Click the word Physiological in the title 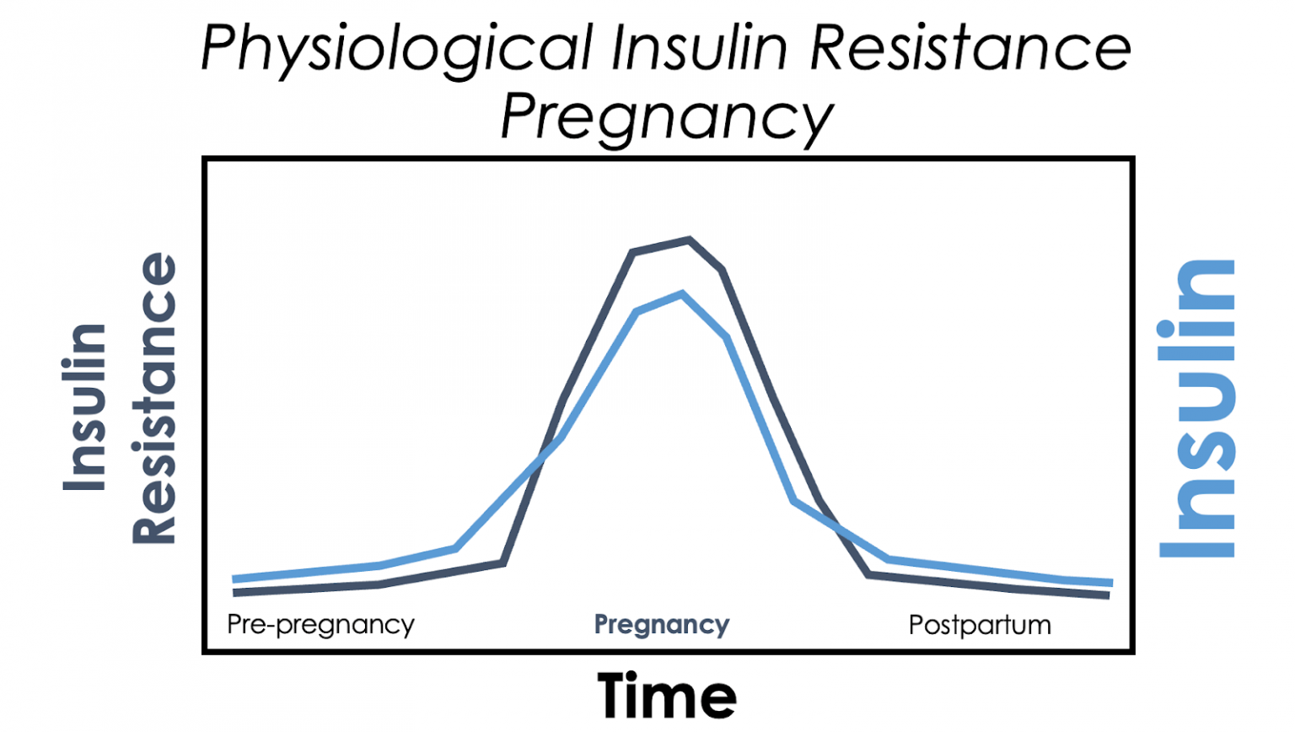click(x=396, y=49)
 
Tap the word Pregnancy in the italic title click(x=666, y=118)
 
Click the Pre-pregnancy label click(x=320, y=625)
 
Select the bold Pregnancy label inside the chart click(x=662, y=625)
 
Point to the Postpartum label click(x=980, y=625)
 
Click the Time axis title click(x=666, y=696)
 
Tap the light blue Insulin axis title click(x=1197, y=409)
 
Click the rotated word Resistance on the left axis click(x=155, y=398)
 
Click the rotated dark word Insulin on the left click(x=85, y=407)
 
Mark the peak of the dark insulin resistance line click(x=689, y=240)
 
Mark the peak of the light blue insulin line click(x=682, y=294)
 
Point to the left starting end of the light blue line click(x=234, y=579)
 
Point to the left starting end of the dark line click(x=235, y=593)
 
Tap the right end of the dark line click(x=1108, y=595)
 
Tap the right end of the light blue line click(x=1111, y=583)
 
